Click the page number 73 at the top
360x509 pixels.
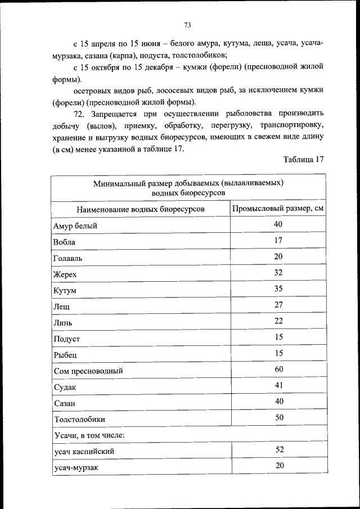(x=188, y=25)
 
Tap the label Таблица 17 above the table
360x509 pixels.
(x=304, y=159)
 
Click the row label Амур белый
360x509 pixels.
(x=75, y=226)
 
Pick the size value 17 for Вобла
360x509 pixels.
(x=278, y=240)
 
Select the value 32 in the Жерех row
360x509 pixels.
(x=278, y=272)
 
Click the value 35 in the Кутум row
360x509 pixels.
(x=278, y=289)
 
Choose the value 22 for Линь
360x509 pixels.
(x=278, y=321)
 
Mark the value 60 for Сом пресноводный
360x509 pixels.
(x=278, y=369)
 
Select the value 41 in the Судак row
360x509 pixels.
(x=278, y=385)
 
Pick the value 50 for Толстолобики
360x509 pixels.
(x=278, y=417)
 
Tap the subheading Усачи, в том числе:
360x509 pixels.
(x=89, y=435)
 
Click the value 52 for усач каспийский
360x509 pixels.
(x=278, y=449)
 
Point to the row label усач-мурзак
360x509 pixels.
(x=76, y=467)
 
